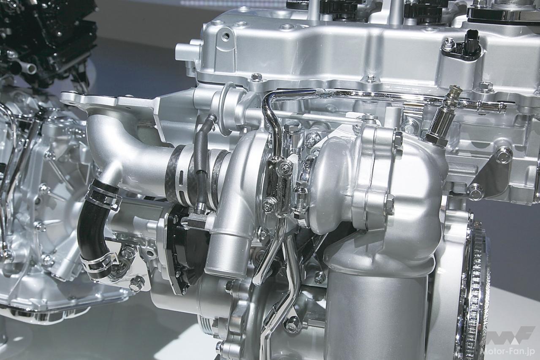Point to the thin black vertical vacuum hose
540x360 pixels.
pyautogui.click(x=202, y=164)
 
